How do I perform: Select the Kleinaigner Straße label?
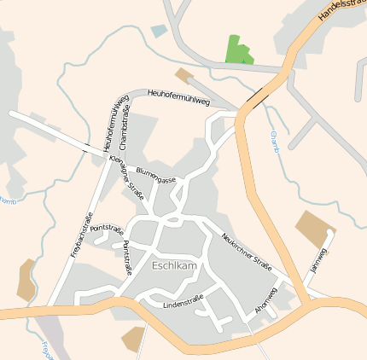129,174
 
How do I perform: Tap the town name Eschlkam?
174,265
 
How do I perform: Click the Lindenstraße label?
183,301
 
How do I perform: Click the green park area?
239,50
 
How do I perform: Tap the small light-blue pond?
160,31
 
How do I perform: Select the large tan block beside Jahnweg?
315,227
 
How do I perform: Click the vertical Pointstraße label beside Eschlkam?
127,257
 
